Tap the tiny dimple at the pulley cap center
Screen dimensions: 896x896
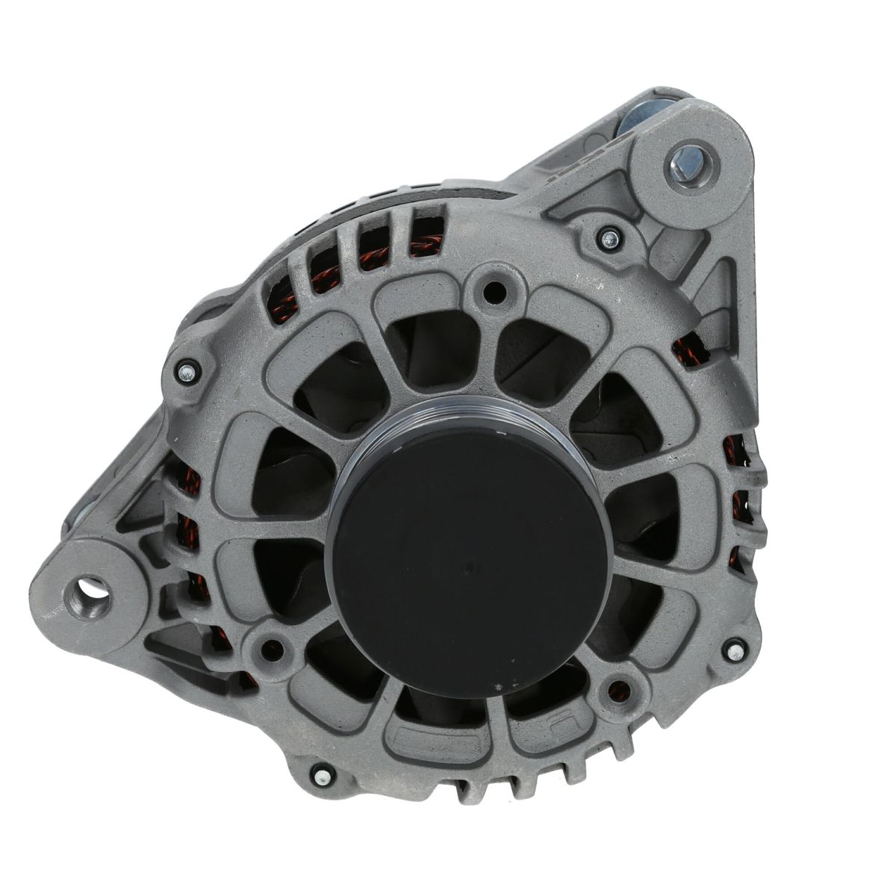(467, 567)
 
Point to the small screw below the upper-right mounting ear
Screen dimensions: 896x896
(609, 239)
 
